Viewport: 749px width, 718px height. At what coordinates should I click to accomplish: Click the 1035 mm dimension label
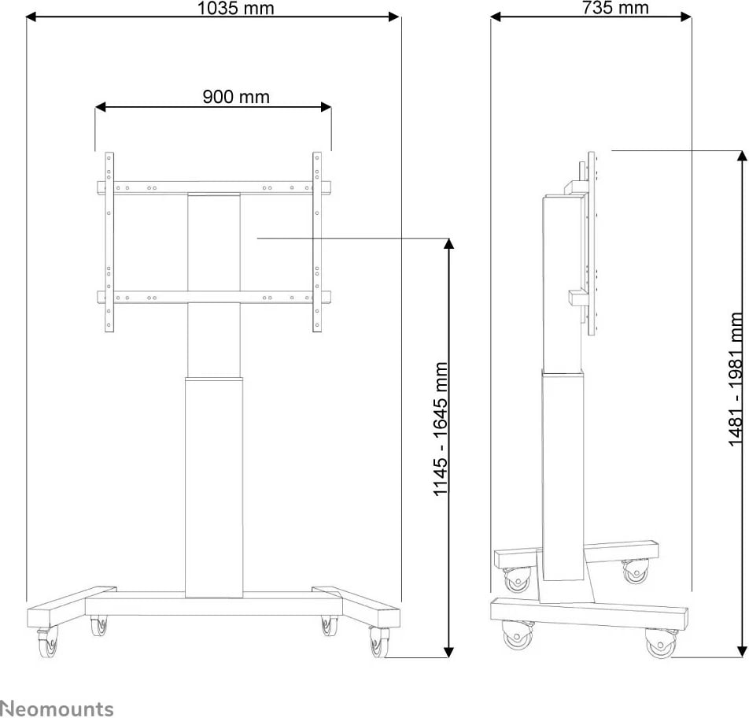pos(235,8)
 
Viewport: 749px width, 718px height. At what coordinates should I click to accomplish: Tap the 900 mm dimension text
pos(236,97)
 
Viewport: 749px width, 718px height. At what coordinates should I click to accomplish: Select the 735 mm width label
pos(615,8)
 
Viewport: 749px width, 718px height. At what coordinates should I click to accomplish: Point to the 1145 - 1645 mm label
pos(440,429)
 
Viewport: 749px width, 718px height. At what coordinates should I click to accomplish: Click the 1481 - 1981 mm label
pos(736,379)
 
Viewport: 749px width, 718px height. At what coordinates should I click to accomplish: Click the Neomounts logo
pos(57,709)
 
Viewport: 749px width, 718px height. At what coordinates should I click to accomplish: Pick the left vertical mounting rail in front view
pos(109,242)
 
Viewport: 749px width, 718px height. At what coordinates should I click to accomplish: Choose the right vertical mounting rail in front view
pos(317,242)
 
